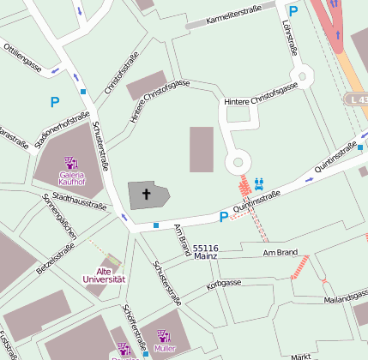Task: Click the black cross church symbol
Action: tap(146, 195)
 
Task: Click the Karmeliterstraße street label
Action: tap(228, 19)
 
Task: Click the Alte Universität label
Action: tap(105, 275)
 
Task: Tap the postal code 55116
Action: tap(205, 247)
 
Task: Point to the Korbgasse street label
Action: tap(223, 283)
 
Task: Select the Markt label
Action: tap(300, 355)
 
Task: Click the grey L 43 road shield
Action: tap(357, 99)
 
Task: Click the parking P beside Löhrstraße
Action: tap(293, 11)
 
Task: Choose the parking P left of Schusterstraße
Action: tap(54, 102)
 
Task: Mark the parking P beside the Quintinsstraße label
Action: tap(223, 217)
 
